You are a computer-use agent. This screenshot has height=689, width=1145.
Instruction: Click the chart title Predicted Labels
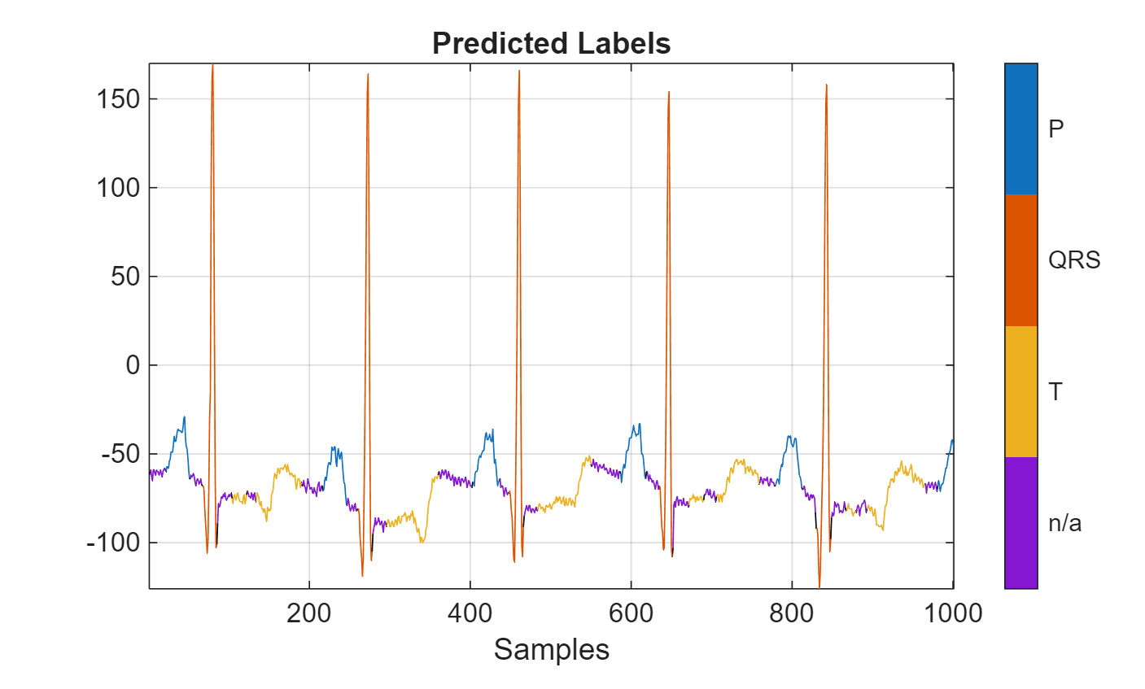click(x=551, y=43)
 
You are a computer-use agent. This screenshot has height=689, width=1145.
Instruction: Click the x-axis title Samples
click(x=551, y=649)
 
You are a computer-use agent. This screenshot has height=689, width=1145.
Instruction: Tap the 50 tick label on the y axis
click(x=125, y=277)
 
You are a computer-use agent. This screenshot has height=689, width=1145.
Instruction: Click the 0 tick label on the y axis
click(x=133, y=365)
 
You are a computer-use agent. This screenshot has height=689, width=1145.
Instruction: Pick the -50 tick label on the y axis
click(x=120, y=454)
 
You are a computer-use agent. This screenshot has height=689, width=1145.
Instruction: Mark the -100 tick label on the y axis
click(x=113, y=543)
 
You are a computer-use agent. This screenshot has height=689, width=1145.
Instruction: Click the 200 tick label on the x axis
click(x=309, y=613)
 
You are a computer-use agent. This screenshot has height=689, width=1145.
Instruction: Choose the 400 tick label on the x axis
click(x=470, y=613)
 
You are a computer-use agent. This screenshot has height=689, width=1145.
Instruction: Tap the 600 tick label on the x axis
click(x=631, y=613)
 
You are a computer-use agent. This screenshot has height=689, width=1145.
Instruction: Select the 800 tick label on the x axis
click(x=792, y=613)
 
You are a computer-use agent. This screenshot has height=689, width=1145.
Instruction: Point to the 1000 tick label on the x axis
click(x=953, y=613)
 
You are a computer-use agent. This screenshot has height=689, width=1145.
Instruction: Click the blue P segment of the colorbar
click(x=1020, y=129)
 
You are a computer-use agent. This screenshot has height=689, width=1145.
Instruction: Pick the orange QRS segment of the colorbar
click(x=1020, y=260)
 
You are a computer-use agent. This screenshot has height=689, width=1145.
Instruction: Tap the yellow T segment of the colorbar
click(x=1020, y=391)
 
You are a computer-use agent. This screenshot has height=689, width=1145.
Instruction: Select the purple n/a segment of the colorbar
click(x=1020, y=522)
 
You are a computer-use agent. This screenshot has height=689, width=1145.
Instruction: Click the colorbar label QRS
click(x=1073, y=260)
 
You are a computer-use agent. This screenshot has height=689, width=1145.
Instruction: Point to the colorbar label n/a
click(x=1064, y=522)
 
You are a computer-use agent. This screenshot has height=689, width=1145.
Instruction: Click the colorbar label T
click(x=1055, y=392)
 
